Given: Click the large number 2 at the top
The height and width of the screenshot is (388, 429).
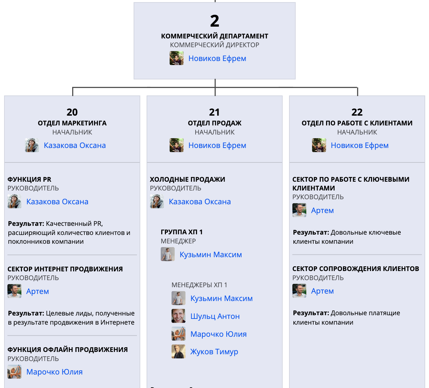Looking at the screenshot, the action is (214, 21).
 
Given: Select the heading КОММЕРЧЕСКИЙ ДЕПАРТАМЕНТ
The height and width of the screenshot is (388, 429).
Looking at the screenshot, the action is (214, 36).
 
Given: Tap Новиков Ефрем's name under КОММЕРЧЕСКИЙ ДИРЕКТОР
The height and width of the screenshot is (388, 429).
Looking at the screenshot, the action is (217, 58).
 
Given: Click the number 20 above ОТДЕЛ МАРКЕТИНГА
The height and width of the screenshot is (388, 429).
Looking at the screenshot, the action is (72, 112).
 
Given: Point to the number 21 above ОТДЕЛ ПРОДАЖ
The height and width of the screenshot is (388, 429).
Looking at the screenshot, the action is (214, 112).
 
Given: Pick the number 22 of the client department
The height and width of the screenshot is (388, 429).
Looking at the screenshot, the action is (357, 112).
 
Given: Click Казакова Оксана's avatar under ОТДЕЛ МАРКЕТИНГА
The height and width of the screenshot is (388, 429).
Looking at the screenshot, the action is (32, 145).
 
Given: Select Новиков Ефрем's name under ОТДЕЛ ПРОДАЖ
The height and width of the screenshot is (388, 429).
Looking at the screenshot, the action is (217, 145).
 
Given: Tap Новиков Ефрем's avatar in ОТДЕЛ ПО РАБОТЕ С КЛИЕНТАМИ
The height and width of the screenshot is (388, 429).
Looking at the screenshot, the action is (319, 145).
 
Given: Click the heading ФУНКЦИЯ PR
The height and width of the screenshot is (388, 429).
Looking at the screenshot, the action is (29, 179).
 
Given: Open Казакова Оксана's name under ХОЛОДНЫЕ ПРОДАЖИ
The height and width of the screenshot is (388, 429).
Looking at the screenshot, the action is (200, 202).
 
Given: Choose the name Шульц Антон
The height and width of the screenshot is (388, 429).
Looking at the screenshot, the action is (215, 316).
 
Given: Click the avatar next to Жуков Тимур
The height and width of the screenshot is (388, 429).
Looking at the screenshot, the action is (178, 352).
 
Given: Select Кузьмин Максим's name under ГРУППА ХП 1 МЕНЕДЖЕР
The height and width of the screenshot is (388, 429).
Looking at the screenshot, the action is (210, 255).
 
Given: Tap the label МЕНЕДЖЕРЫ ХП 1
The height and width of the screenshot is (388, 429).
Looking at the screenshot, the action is (199, 285).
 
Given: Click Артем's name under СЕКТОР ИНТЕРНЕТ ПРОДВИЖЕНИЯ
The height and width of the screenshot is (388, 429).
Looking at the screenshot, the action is (37, 291).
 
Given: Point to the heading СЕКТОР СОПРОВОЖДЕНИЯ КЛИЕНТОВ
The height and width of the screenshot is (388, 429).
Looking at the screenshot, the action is (355, 269).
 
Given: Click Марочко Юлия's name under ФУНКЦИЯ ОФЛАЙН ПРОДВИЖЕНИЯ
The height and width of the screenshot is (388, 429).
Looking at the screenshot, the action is (54, 372).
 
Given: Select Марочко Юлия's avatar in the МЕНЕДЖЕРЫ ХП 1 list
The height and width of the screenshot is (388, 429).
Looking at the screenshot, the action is (178, 334).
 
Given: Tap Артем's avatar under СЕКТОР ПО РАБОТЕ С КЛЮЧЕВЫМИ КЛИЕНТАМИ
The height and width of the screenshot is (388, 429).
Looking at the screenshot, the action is (299, 210).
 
